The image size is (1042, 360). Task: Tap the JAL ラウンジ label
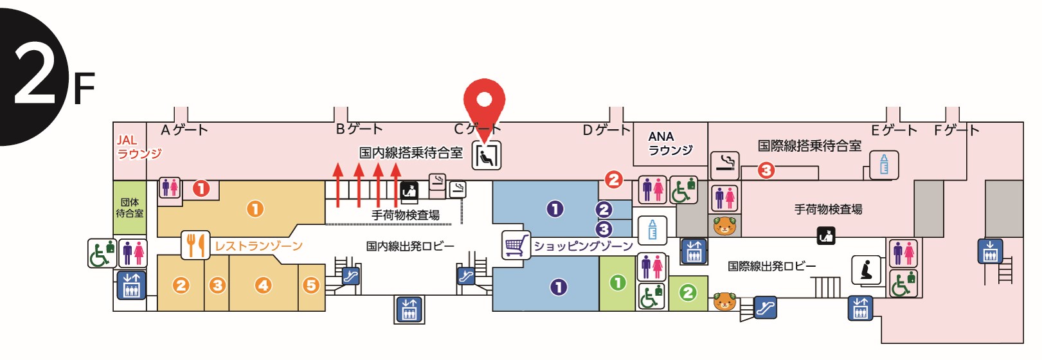pos(138,147)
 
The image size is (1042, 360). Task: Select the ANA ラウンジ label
pos(670,143)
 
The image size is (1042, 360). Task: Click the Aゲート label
pos(184,130)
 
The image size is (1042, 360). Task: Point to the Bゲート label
pos(359,129)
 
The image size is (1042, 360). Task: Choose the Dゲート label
pos(606,130)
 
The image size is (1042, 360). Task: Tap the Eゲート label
pos(894,130)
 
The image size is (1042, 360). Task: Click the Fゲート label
pos(956,130)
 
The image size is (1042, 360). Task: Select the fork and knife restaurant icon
pos(195,245)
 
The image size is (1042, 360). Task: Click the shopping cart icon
pos(516,245)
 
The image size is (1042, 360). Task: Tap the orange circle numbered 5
pos(311,285)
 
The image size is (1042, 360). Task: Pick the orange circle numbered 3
pos(217,285)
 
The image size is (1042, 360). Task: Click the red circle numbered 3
pos(766,170)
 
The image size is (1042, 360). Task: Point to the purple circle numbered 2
pos(604,210)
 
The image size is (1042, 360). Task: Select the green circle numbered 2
pos(688,293)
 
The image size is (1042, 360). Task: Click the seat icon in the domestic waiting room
pos(487,156)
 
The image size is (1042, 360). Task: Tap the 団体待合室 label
pos(129,208)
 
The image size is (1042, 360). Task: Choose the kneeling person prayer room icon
pos(866,269)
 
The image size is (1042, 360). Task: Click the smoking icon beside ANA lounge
pos(724,165)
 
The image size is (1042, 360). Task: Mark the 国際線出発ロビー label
pos(771,266)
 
